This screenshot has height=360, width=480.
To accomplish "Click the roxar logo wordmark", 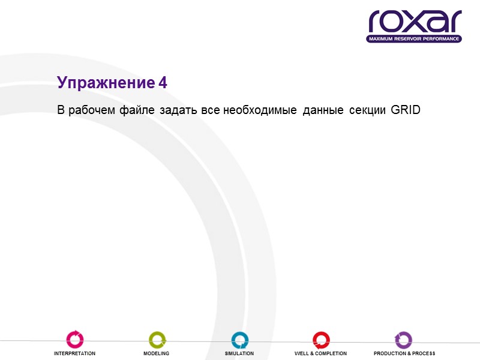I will click(415, 22).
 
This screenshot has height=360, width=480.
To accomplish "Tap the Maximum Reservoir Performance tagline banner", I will click(415, 39).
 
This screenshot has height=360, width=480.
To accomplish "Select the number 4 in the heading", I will click(163, 83).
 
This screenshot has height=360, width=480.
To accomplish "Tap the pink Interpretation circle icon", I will click(75, 340).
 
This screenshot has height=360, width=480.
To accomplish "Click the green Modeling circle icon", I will click(157, 340).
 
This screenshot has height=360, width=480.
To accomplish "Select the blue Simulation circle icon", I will click(239, 340).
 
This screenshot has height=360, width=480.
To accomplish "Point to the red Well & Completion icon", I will click(320, 340).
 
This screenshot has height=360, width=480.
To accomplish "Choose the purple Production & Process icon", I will click(404, 340).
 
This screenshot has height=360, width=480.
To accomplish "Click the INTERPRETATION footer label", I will click(75, 353).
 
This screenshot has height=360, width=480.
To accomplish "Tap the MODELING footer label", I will click(156, 353).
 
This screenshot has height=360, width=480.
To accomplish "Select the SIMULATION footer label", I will click(239, 353).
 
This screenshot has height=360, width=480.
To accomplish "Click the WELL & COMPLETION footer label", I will click(320, 353).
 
